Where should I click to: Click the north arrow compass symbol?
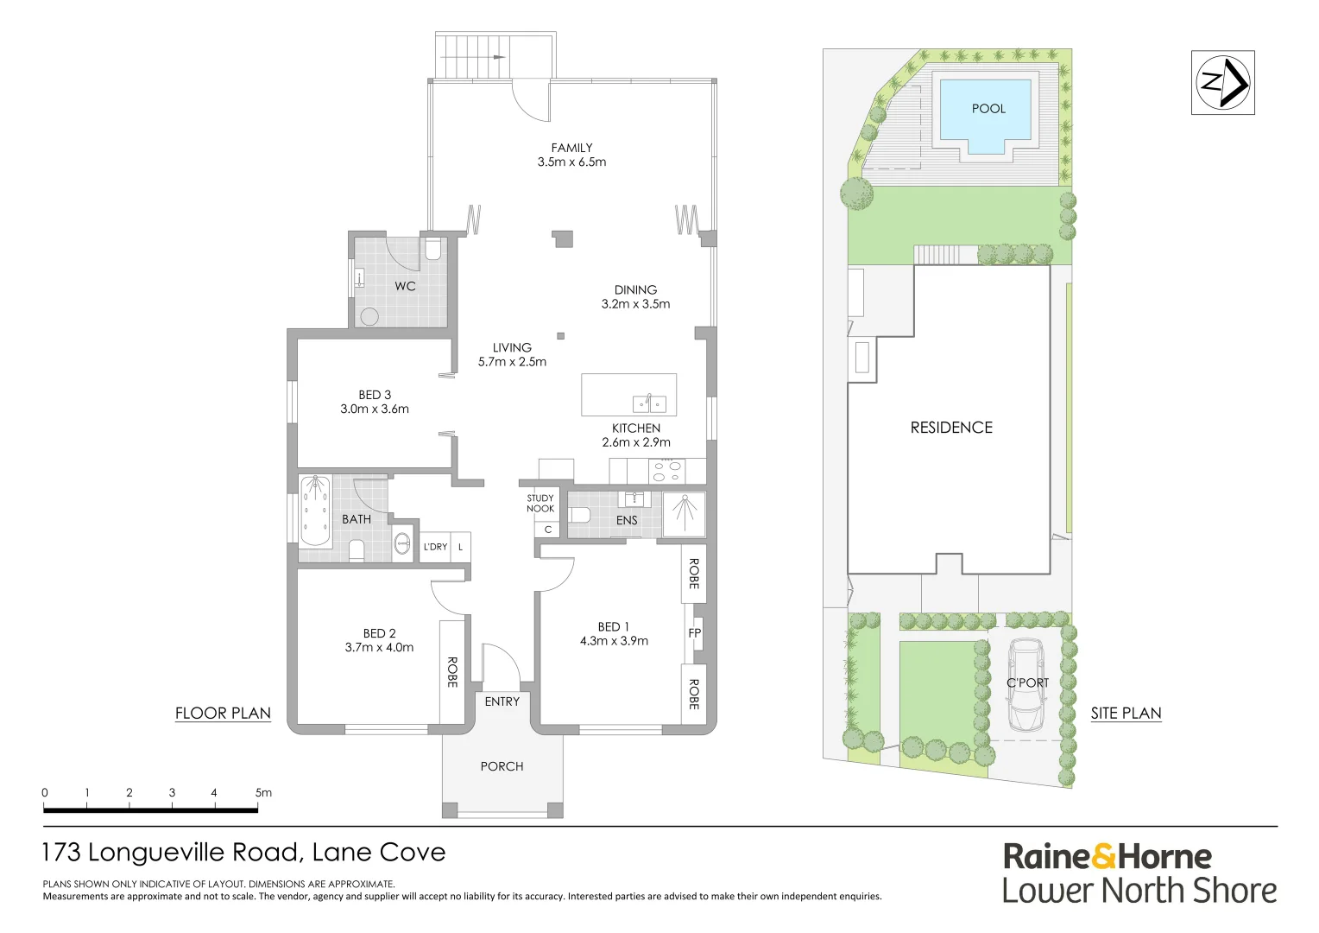1222,83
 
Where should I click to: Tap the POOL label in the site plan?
988,109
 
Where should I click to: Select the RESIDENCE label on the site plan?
951,428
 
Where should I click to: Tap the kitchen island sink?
649,403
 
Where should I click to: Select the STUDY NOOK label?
540,503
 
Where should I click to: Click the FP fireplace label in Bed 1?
694,633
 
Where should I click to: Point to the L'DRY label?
435,547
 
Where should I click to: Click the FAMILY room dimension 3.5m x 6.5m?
571,162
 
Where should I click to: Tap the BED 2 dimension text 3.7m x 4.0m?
379,647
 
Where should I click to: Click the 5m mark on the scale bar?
262,793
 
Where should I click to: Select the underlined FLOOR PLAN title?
223,713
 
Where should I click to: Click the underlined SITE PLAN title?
1126,713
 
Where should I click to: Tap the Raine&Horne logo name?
1107,856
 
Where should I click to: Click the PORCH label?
502,766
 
